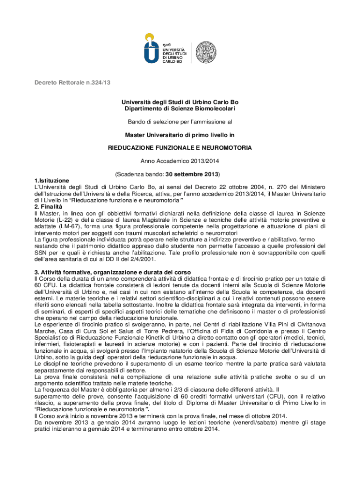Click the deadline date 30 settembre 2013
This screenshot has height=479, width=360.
pos(191,174)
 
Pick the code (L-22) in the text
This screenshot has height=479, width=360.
pos(66,220)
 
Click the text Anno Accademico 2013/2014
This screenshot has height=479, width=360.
pos(180,161)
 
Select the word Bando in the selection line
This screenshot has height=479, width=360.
pos(137,122)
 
